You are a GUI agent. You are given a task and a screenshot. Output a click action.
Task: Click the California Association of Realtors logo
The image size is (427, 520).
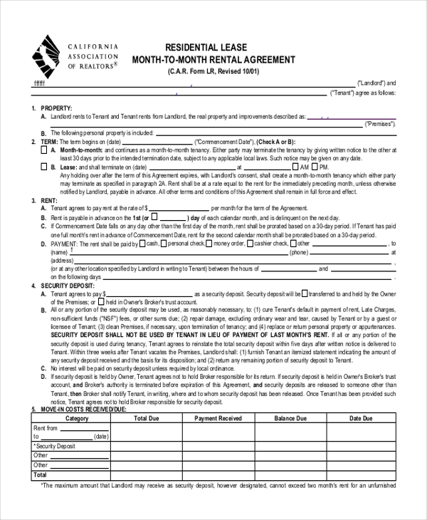click(x=48, y=56)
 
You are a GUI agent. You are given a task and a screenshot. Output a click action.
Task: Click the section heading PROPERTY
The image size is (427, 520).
click(x=58, y=108)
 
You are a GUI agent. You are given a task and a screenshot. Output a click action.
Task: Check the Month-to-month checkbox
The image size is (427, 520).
click(x=55, y=150)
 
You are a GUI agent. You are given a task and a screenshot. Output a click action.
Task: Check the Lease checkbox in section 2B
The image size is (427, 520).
click(x=55, y=167)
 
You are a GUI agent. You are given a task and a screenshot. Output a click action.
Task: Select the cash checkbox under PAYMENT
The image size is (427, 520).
click(x=142, y=243)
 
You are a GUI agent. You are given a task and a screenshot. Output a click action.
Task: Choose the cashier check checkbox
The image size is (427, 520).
click(x=250, y=243)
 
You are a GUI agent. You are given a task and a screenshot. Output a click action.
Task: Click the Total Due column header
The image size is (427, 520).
click(x=145, y=418)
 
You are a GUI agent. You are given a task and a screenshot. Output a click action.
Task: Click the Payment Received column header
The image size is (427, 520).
click(x=218, y=418)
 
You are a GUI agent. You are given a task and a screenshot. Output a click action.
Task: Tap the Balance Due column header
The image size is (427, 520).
click(x=290, y=418)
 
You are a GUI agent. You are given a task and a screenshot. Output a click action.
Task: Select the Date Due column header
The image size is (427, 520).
click(x=362, y=418)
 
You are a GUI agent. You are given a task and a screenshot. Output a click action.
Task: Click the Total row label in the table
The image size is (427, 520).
click(x=41, y=474)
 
